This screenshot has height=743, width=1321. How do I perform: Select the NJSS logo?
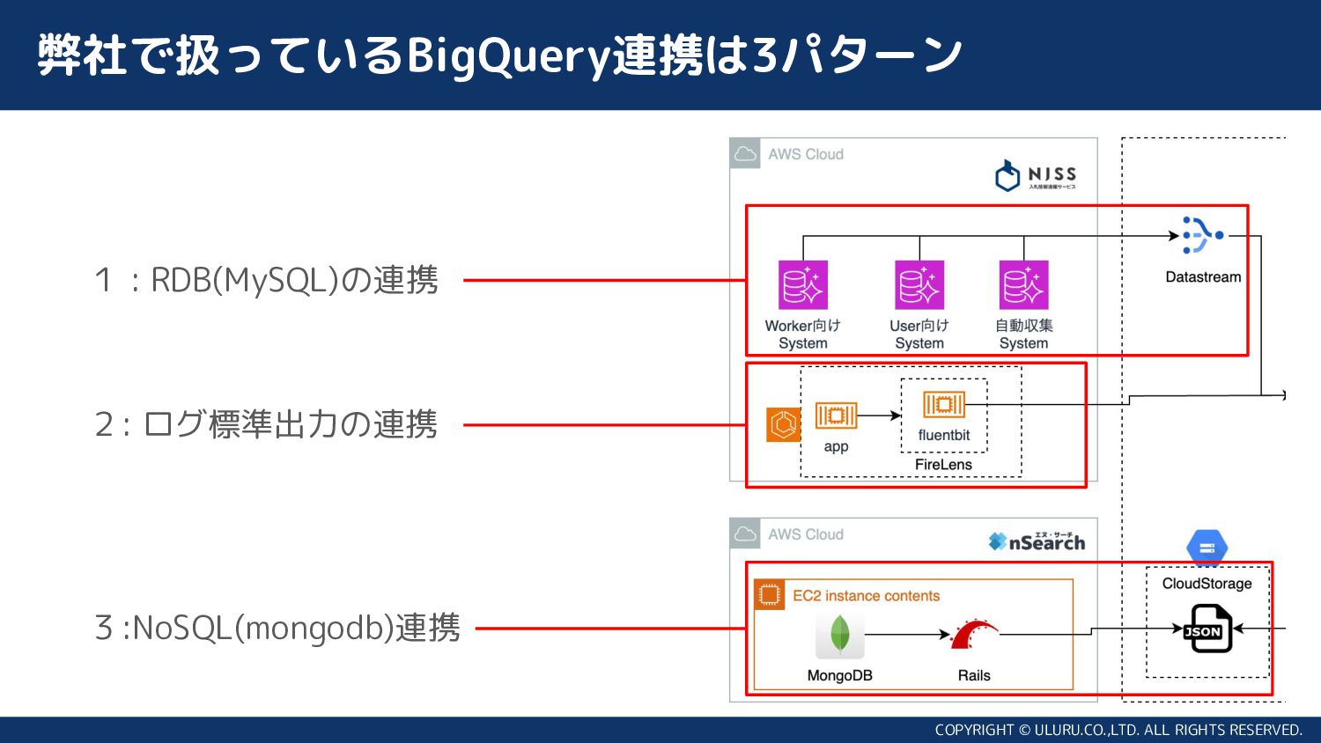pos(1036,175)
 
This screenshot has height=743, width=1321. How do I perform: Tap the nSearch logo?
pos(1037,541)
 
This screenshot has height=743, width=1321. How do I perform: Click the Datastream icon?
pos(1202,235)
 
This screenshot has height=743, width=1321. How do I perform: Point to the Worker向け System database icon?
pos(802,284)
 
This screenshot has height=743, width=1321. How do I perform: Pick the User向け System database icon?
pos(919,284)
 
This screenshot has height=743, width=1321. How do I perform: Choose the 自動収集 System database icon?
pos(1023,284)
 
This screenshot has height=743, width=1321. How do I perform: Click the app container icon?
pos(836,415)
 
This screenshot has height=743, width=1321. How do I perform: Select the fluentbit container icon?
pos(943,404)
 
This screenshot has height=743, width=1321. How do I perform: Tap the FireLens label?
pos(943,465)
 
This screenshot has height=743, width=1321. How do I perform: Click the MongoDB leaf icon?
pos(839,635)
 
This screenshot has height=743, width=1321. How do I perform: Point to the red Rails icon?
pos(973,635)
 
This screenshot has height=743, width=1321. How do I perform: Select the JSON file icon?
pos(1205,629)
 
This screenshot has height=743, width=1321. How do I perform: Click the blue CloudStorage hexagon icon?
pos(1207,548)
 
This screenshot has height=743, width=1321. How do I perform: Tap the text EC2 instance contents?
pos(866,596)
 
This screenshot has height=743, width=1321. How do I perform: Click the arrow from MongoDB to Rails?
pos(907,634)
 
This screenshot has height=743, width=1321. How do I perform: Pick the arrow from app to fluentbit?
pos(879,415)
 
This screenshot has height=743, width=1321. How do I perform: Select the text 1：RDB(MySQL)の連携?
pos(267,280)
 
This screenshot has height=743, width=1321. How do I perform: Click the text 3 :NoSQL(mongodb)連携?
pos(277,629)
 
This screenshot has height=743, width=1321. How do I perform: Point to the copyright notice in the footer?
pos(1118,730)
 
